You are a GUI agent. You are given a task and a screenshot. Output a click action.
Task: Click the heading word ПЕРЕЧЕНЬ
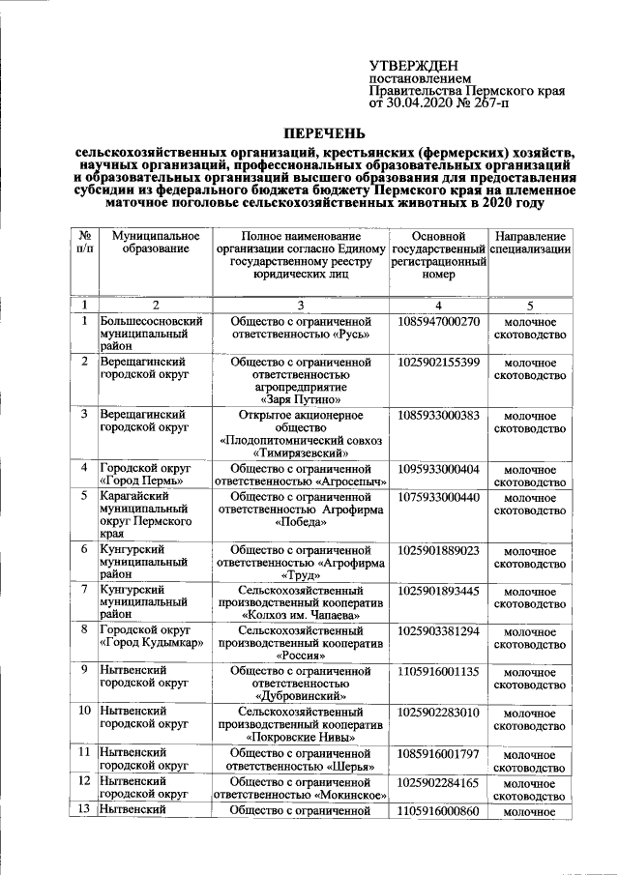tap(324, 131)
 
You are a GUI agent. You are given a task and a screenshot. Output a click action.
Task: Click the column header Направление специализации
tap(530, 243)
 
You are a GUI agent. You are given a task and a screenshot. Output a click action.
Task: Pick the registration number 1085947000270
tap(438, 321)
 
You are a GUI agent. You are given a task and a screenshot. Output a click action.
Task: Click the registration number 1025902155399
tap(438, 362)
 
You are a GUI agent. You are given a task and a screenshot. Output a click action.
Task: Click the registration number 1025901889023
tap(438, 550)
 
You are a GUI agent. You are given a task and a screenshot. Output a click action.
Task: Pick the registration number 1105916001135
tap(438, 671)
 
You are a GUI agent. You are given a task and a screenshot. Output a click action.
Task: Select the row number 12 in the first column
tap(85, 780)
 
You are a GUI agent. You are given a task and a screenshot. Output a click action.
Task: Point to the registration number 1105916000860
tap(438, 811)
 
